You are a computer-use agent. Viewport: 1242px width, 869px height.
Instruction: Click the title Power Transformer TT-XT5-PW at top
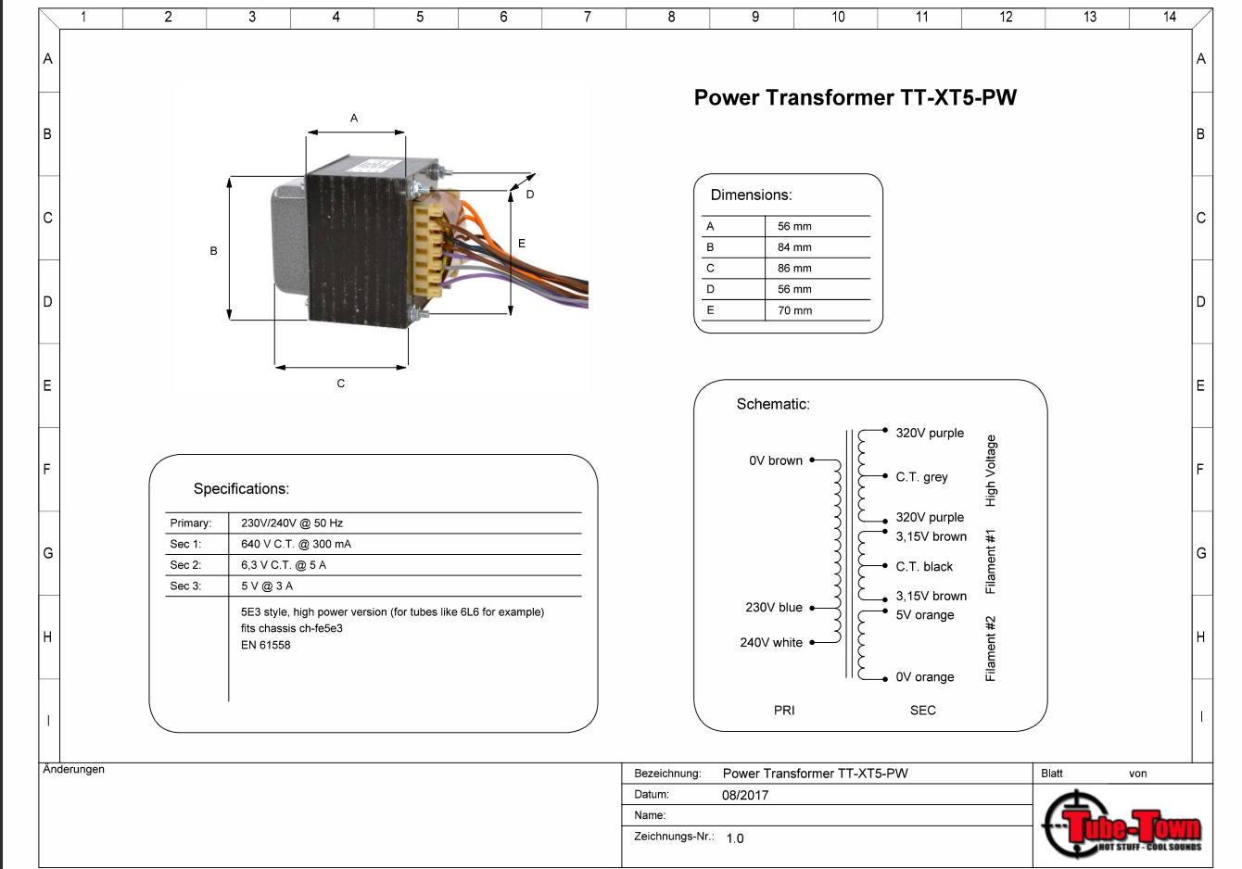coord(855,97)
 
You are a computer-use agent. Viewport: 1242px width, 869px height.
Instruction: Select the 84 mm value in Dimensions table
coord(794,247)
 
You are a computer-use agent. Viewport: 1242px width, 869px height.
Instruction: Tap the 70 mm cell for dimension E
coord(794,310)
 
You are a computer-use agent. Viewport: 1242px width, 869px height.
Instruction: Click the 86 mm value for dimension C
coord(794,269)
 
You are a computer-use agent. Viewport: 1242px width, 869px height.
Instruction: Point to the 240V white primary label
coord(771,642)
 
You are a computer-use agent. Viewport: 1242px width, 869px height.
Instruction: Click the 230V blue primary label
coord(774,608)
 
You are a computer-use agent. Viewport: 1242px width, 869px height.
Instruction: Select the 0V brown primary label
coord(776,460)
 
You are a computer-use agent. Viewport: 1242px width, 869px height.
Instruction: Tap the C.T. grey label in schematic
coord(921,477)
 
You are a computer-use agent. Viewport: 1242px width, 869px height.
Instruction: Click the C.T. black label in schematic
coord(924,566)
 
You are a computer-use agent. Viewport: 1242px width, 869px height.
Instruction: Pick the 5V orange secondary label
coord(925,615)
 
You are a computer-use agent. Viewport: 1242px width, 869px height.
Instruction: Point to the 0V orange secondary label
coord(925,677)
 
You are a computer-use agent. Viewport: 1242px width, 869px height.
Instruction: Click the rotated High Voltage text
coord(990,471)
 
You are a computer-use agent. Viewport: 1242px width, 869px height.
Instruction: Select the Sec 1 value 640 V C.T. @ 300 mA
coord(296,544)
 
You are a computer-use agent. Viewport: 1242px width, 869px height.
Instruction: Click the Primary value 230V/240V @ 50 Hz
coord(292,523)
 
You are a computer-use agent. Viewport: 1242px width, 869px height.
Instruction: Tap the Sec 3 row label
coord(185,586)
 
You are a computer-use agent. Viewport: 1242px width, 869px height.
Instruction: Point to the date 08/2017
coord(745,795)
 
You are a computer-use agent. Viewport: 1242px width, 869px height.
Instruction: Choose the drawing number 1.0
coord(735,838)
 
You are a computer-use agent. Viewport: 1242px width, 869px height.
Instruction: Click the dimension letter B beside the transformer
coord(213,251)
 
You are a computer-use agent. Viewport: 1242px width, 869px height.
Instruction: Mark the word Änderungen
coord(74,769)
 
